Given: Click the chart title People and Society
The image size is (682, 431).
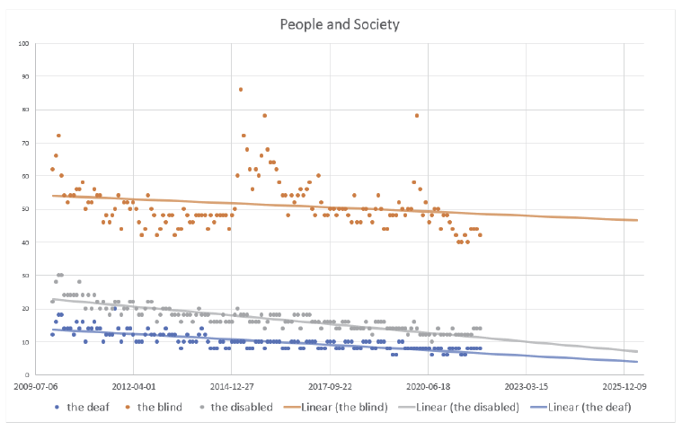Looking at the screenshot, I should pos(340,23).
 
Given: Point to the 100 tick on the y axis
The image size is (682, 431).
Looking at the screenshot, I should pos(24,43).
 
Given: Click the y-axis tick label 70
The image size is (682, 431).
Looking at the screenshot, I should pos(26,143).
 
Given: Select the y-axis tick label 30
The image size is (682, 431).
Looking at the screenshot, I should pos(26,276).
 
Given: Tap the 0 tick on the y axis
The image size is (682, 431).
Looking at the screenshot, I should pos(28,375).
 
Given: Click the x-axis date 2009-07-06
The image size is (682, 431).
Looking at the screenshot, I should pos(35,389).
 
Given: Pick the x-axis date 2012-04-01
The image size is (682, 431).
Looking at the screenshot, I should pos(133,389).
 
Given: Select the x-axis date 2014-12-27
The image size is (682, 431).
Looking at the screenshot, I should pos(232,389).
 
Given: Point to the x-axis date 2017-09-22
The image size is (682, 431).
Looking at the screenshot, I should pos(330,389).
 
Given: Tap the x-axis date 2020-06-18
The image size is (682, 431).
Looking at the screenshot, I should pos(429,389).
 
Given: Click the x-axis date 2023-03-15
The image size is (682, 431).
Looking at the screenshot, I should pos(527,389).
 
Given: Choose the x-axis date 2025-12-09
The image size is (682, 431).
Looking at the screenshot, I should pos(624,389).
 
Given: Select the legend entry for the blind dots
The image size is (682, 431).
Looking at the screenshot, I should pos(157,407).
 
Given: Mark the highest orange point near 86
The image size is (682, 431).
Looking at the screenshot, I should pos(241,89).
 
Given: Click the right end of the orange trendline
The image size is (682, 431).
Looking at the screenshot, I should pos(637,220).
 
